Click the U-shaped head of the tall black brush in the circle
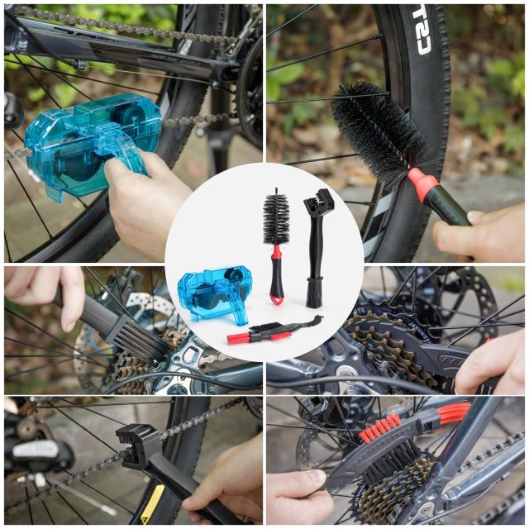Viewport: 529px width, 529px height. (319, 203)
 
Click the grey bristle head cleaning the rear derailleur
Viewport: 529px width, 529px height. (141, 339)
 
